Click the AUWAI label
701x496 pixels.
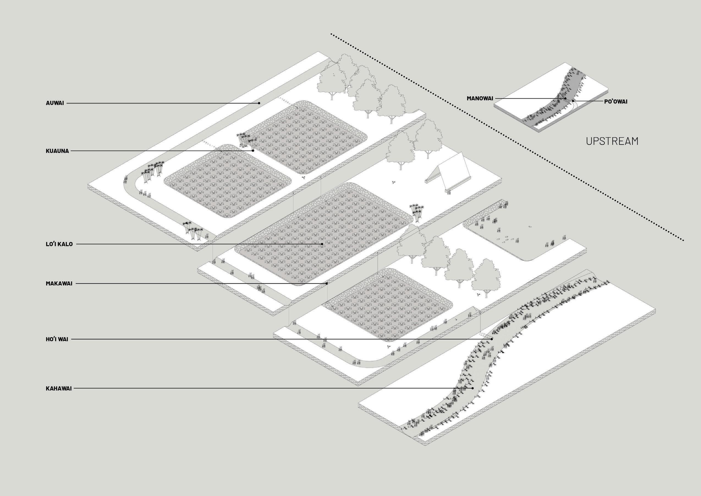[x=55, y=103]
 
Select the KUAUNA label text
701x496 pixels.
[x=57, y=151]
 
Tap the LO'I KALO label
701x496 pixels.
[x=59, y=244]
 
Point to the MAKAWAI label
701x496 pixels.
[x=59, y=283]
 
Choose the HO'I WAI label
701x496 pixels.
[x=57, y=339]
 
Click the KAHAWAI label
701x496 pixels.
[x=59, y=389]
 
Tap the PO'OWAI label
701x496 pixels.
[x=615, y=101]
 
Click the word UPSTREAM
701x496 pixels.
[x=612, y=141]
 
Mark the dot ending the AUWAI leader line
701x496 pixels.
[x=259, y=103]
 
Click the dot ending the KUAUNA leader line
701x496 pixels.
[x=253, y=151]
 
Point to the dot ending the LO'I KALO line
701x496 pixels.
[x=322, y=244]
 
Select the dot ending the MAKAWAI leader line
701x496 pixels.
[x=327, y=283]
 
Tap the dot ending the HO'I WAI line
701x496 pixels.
[x=492, y=339]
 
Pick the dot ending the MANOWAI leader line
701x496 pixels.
[x=565, y=99]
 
